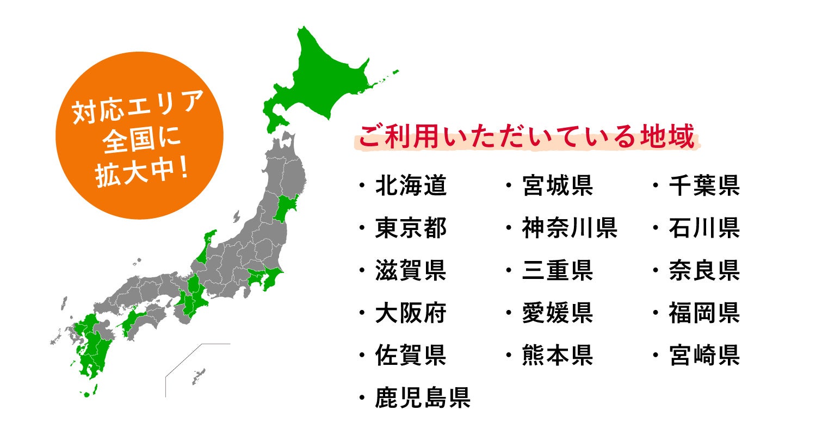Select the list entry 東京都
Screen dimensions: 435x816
pos(411,228)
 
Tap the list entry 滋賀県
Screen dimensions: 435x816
pos(411,271)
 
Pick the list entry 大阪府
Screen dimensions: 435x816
pos(411,314)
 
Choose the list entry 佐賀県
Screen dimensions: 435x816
pos(411,356)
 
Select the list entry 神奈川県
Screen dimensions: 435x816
pos(569,228)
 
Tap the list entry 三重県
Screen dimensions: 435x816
pos(557,271)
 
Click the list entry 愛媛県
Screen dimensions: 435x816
pos(557,314)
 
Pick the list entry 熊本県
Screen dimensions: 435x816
pos(557,356)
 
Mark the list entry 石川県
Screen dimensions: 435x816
pos(704,228)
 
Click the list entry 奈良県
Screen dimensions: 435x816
pos(704,271)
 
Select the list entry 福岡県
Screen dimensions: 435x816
pos(704,314)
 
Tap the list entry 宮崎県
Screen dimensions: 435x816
pos(704,356)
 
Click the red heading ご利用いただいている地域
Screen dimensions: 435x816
pos(526,138)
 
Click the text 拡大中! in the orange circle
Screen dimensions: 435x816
pos(141,176)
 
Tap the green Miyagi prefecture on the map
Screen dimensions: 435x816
pos(284,209)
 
